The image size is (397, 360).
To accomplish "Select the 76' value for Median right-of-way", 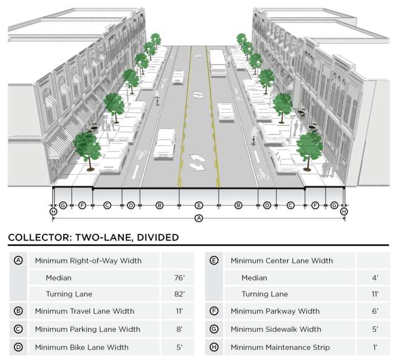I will (x=178, y=278).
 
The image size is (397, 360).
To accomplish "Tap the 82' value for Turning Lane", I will (x=178, y=294).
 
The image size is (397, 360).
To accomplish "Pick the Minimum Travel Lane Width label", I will (x=85, y=311).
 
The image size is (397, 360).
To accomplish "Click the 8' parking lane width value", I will (x=178, y=329).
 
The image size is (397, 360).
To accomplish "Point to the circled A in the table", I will (x=18, y=261).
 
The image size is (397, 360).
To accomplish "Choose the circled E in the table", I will (x=214, y=261).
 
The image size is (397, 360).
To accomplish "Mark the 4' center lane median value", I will (x=374, y=278).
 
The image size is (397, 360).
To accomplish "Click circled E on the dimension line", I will (x=199, y=205).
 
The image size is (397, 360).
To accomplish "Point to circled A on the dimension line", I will (x=199, y=218).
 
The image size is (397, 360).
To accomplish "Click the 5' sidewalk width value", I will (x=374, y=329).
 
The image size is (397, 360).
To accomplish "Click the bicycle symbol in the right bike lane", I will (x=262, y=175).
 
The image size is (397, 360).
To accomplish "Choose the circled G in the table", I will (x=214, y=329).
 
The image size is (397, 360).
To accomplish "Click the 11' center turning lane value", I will (x=374, y=294).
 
